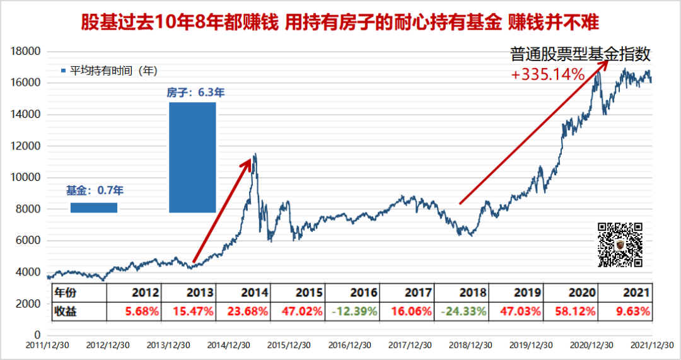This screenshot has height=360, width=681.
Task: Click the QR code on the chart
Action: [x=620, y=245]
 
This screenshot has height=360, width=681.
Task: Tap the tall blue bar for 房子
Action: [x=192, y=157]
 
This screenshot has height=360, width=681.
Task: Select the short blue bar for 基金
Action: [x=93, y=207]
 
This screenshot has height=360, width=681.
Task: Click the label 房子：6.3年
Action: [x=195, y=92]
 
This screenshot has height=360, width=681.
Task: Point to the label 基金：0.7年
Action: [x=95, y=189]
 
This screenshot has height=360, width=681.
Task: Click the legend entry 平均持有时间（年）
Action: [x=108, y=71]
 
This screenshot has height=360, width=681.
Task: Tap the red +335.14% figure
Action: [x=548, y=75]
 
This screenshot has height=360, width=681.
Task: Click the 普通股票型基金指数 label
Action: [x=579, y=55]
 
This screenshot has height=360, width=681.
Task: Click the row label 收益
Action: [x=66, y=311]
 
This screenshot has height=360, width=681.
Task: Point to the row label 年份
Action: [x=66, y=293]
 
